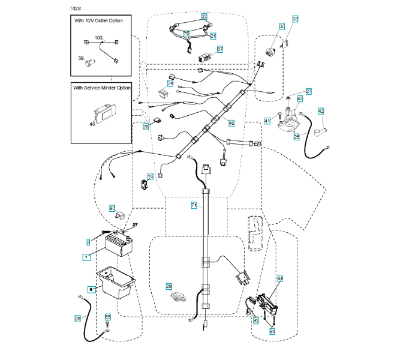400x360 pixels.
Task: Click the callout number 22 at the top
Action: [204, 16]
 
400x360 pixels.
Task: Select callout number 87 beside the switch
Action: [219, 49]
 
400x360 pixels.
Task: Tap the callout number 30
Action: [281, 26]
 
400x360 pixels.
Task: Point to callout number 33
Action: [295, 20]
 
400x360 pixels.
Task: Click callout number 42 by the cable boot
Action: [321, 111]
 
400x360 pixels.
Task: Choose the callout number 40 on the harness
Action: [231, 122]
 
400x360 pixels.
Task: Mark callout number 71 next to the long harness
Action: [194, 205]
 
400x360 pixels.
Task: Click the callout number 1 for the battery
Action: [86, 257]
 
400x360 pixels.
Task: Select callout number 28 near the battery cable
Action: [77, 318]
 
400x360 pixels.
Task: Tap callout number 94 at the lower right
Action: [279, 279]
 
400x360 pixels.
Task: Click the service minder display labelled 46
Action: [103, 113]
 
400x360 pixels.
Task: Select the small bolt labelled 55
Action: [107, 326]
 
